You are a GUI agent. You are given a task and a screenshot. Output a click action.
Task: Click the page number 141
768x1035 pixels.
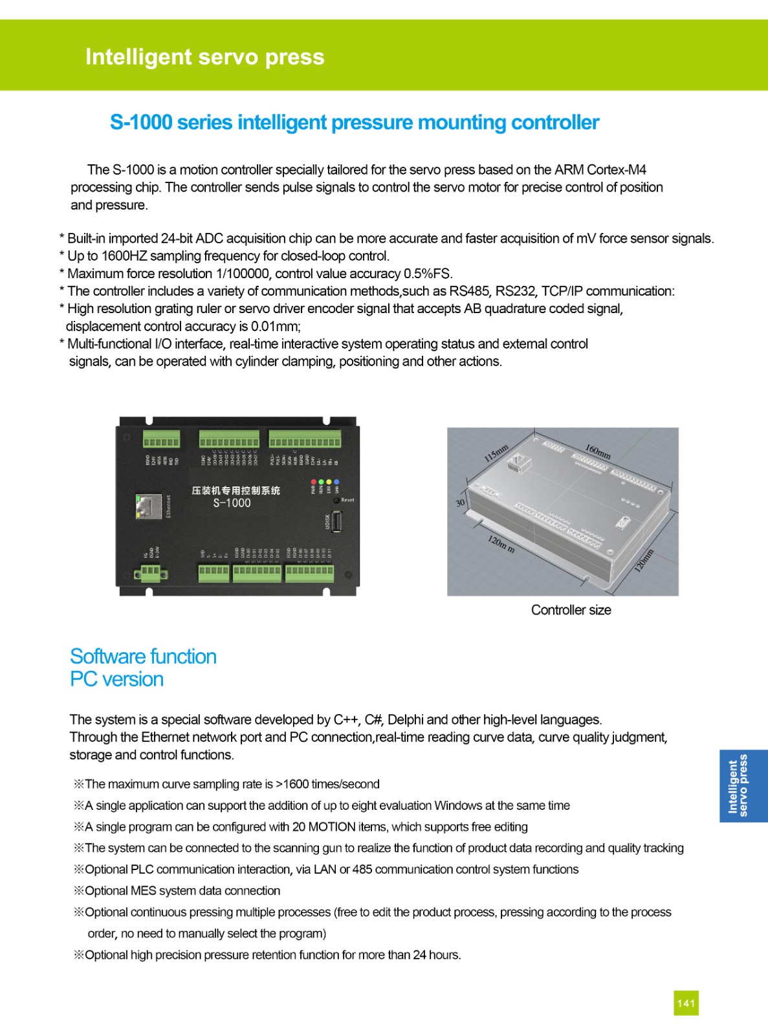pos(686,1003)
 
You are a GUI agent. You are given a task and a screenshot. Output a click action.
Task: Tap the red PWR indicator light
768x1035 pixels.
pos(314,482)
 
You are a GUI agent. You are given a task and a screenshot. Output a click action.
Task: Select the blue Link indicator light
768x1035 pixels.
pos(336,482)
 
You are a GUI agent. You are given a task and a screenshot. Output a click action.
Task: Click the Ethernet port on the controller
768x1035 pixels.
pos(148,507)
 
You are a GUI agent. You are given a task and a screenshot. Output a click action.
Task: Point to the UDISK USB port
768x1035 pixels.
pos(336,522)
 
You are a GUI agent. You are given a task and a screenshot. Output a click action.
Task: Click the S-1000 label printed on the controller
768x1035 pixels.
pos(232,503)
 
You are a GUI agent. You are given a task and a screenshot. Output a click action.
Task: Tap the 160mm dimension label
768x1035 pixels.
pos(598,452)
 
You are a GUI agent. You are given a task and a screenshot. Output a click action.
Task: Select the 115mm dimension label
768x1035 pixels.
pos(497,453)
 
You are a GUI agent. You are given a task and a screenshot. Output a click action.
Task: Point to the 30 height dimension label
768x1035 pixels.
pos(460,503)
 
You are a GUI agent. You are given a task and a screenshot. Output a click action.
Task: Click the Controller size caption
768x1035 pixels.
pos(571,610)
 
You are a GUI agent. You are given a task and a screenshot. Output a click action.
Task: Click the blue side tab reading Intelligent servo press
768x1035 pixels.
pos(743,786)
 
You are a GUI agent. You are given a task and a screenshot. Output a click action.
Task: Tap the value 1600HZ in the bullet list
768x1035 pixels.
pos(124,256)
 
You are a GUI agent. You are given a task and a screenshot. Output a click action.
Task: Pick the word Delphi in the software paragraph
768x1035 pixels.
pos(405,720)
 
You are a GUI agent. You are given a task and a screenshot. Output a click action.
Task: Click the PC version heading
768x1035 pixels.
pos(116,679)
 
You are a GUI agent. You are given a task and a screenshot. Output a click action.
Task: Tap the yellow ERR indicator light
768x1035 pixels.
pos(329,482)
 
